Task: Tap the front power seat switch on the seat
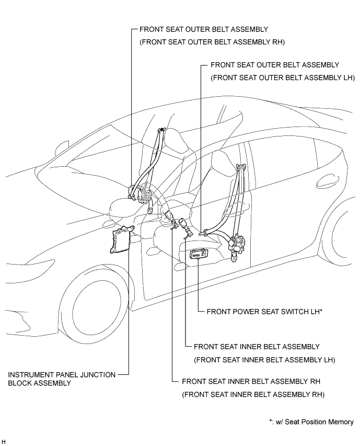pos(199,255)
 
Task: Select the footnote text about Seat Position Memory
pos(309,422)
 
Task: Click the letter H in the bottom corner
pos(4,442)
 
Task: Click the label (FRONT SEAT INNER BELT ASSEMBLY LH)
pos(264,360)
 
